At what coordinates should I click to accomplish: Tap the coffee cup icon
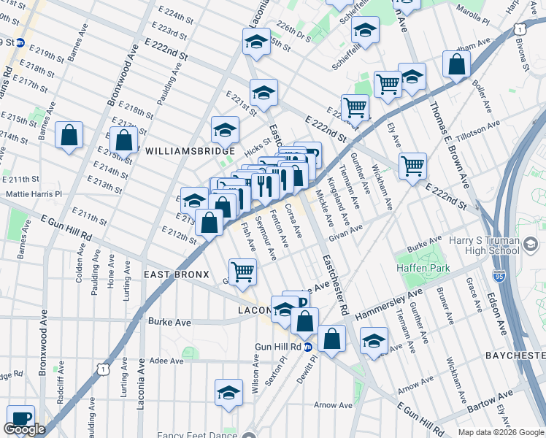20,418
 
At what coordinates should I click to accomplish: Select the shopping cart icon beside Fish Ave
242,272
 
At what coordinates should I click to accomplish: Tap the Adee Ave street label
165,361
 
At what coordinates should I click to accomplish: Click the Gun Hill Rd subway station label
278,346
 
